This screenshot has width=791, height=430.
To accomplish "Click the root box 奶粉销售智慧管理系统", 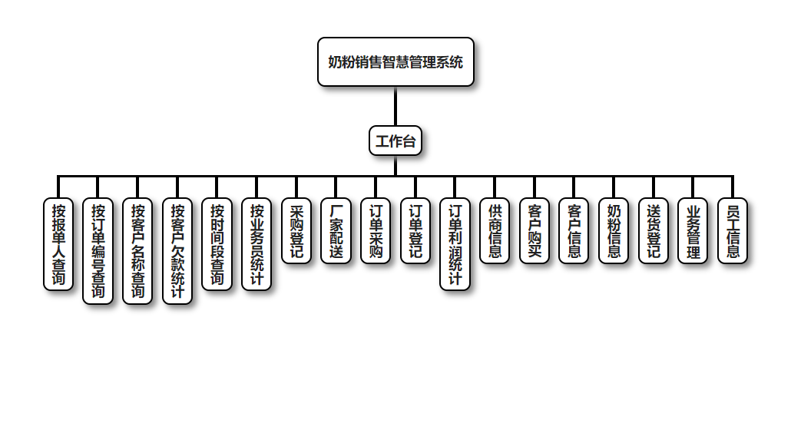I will pyautogui.click(x=395, y=61).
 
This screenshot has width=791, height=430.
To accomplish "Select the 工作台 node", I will pyautogui.click(x=395, y=141).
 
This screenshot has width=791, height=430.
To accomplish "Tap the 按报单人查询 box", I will pyautogui.click(x=58, y=243).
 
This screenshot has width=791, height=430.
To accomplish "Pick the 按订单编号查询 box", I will pyautogui.click(x=98, y=250).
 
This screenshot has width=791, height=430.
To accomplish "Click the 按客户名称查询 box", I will pyautogui.click(x=137, y=250).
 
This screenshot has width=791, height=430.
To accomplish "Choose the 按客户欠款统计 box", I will pyautogui.click(x=177, y=250).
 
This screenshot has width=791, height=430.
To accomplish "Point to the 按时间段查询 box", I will pyautogui.click(x=217, y=243).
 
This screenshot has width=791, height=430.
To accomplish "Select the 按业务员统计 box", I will pyautogui.click(x=256, y=243).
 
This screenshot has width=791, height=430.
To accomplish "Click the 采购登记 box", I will pyautogui.click(x=296, y=230).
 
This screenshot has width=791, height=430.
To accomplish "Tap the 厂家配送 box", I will pyautogui.click(x=336, y=230).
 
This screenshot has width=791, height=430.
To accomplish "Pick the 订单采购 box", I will pyautogui.click(x=376, y=230).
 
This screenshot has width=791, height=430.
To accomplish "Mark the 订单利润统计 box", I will pyautogui.click(x=455, y=243).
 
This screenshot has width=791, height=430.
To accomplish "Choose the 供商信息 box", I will pyautogui.click(x=495, y=230).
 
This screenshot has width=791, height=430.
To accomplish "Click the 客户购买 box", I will pyautogui.click(x=535, y=230).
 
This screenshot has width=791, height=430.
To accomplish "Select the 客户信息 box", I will pyautogui.click(x=574, y=230).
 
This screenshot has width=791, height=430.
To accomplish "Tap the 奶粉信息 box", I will pyautogui.click(x=614, y=230).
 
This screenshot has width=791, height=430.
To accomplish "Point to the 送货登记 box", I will pyautogui.click(x=654, y=230).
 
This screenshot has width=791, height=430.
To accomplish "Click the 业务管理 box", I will pyautogui.click(x=693, y=230).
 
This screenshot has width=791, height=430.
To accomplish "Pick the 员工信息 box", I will pyautogui.click(x=733, y=230).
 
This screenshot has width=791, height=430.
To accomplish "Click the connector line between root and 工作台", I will pyautogui.click(x=395, y=106).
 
